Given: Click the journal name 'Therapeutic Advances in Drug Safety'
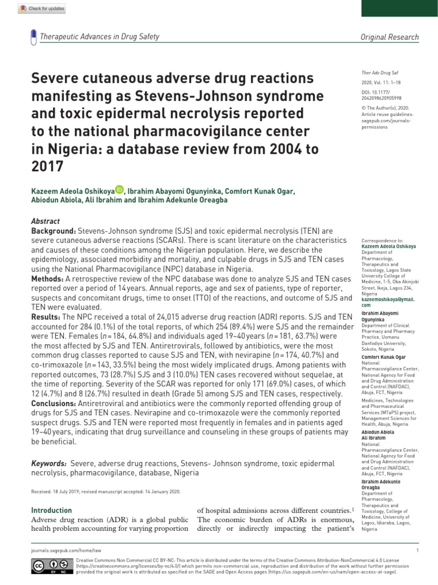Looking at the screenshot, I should pyautogui.click(x=99, y=37).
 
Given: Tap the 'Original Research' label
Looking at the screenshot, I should pyautogui.click(x=390, y=37).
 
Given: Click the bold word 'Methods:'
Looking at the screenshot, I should pyautogui.click(x=47, y=278).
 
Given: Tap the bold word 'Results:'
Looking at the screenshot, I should pyautogui.click(x=46, y=316).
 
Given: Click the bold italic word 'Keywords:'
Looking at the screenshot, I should pyautogui.click(x=49, y=463).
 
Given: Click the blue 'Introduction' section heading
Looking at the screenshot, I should pyautogui.click(x=51, y=510).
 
